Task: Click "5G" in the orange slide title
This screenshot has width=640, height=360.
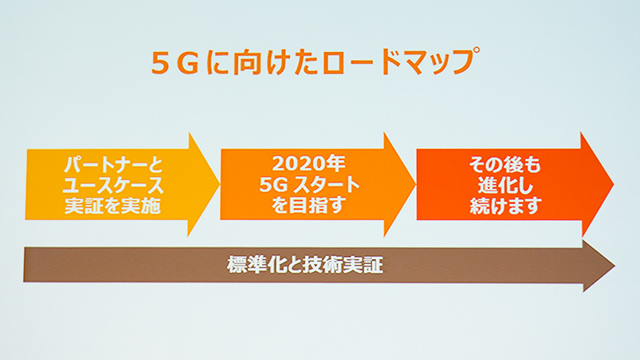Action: (175, 63)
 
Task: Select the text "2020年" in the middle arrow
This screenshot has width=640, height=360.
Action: (309, 164)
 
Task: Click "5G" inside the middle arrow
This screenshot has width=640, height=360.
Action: (274, 185)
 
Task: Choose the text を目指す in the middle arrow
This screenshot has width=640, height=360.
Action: (309, 206)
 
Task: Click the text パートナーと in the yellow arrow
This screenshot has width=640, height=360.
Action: (113, 165)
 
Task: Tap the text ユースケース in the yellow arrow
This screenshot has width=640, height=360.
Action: (113, 186)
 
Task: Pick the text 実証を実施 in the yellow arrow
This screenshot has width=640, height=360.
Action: (113, 206)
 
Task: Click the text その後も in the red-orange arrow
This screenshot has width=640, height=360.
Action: (505, 165)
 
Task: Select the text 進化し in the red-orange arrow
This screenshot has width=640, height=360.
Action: (506, 186)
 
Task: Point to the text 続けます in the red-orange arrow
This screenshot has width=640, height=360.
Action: (506, 206)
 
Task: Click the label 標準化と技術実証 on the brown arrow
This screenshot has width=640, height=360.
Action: (305, 265)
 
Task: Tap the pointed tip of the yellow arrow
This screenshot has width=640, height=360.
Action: (219, 184)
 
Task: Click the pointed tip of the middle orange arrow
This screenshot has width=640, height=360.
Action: (415, 184)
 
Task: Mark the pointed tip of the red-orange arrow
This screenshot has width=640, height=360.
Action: (614, 185)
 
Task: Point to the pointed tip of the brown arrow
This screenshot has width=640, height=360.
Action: (614, 266)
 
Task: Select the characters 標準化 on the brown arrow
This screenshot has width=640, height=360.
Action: (256, 265)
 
